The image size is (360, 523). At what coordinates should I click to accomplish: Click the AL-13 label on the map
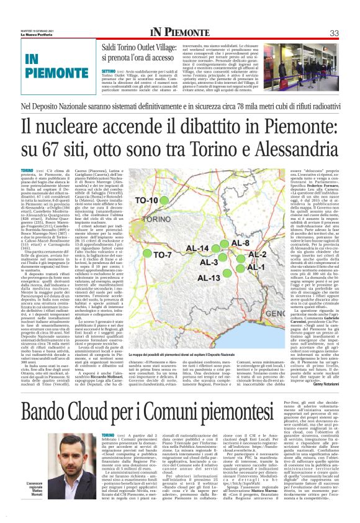[211, 277]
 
